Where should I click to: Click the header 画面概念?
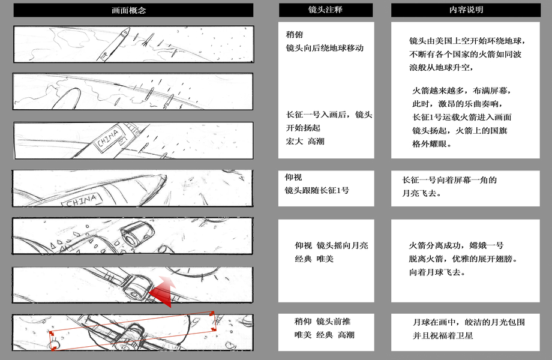(x=128, y=10)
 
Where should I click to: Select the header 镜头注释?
(x=325, y=10)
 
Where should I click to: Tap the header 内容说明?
(x=466, y=10)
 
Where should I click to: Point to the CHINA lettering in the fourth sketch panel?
(x=82, y=201)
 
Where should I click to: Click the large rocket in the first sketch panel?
(x=113, y=44)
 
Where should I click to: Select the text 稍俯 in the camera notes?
(x=295, y=34)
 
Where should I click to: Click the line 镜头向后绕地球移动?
(x=325, y=48)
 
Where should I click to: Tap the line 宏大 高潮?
(x=305, y=141)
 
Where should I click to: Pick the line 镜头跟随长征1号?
(x=317, y=190)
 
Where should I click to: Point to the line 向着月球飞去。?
(x=437, y=272)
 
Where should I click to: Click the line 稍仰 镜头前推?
(x=322, y=321)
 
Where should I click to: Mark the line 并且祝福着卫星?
(x=443, y=335)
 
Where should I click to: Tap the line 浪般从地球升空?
(x=441, y=67)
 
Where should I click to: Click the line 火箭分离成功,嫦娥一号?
(x=456, y=245)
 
